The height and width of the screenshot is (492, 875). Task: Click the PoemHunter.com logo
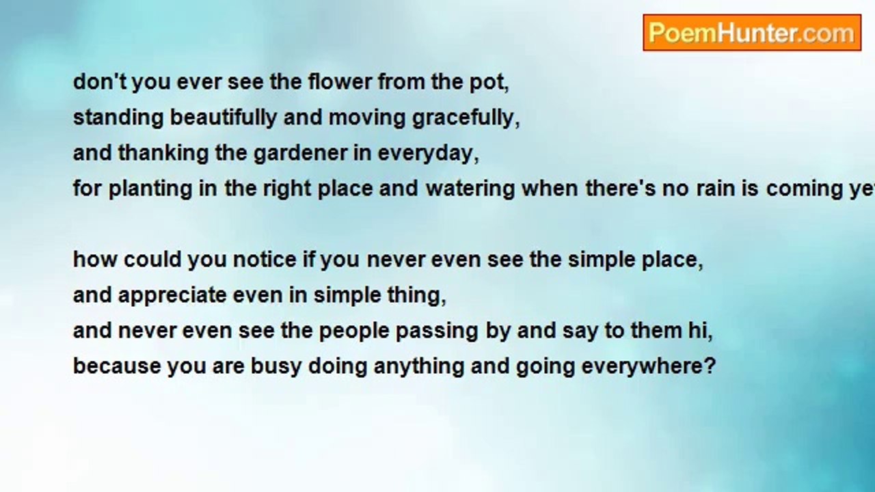[x=752, y=33]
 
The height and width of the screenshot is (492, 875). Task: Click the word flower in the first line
[x=340, y=82]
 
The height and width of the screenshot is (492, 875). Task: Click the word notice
[x=265, y=260]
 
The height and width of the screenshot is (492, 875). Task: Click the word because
[x=117, y=366]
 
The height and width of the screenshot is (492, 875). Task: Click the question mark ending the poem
[x=709, y=366]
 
